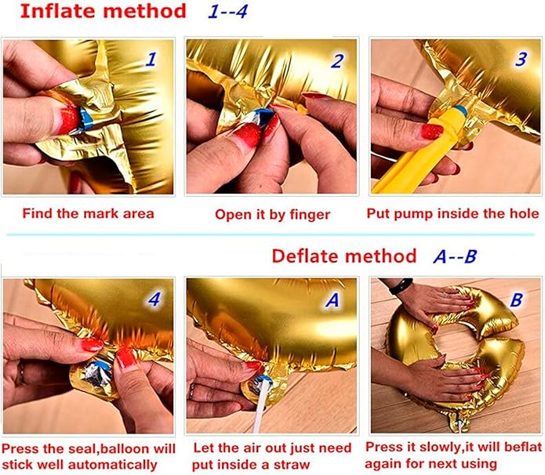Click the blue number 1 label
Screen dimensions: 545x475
click(x=151, y=59)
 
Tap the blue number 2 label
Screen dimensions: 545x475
click(x=337, y=61)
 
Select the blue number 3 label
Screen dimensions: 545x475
click(x=521, y=59)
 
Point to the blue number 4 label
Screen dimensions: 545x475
click(x=154, y=299)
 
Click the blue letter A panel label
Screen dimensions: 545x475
click(x=332, y=300)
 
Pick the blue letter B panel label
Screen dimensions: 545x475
click(x=517, y=300)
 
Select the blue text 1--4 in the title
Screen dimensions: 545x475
click(x=227, y=12)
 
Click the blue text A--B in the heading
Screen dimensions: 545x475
click(x=455, y=256)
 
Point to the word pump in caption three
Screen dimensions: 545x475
click(x=414, y=214)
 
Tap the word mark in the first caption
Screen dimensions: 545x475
click(x=100, y=213)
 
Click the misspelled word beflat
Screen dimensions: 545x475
click(x=522, y=447)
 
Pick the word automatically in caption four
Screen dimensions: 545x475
click(x=112, y=465)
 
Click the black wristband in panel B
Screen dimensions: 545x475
click(x=401, y=285)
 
